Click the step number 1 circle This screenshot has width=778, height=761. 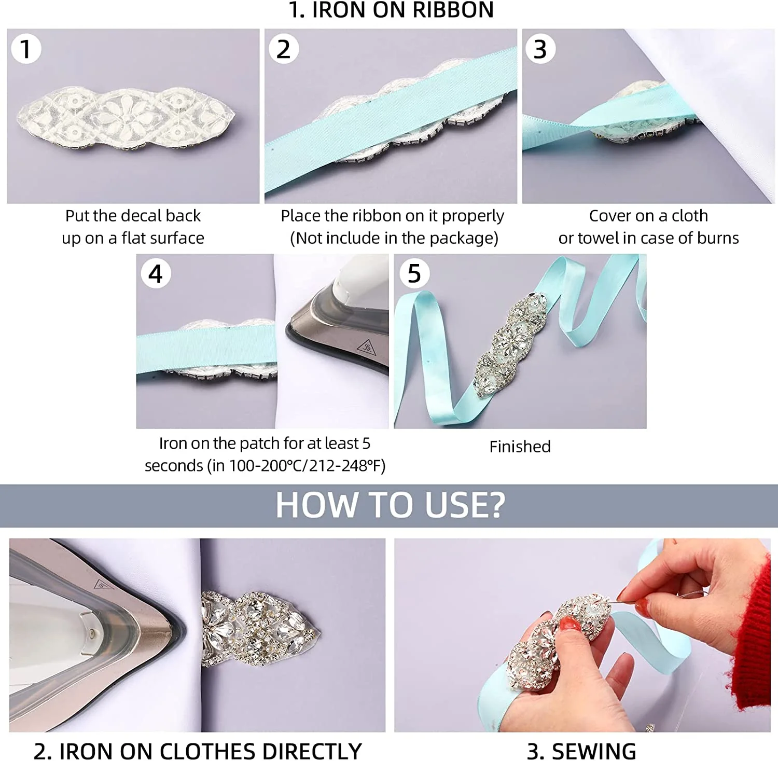pos(25,49)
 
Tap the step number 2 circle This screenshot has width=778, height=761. pos(283,49)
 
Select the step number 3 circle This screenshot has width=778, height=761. pos(540,49)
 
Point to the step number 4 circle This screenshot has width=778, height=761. pos(156,274)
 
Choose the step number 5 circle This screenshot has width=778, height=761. pos(414,274)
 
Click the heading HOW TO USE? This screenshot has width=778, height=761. pos(391,505)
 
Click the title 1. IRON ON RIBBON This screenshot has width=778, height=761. pos(391,10)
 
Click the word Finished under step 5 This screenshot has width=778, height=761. pos(520,447)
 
